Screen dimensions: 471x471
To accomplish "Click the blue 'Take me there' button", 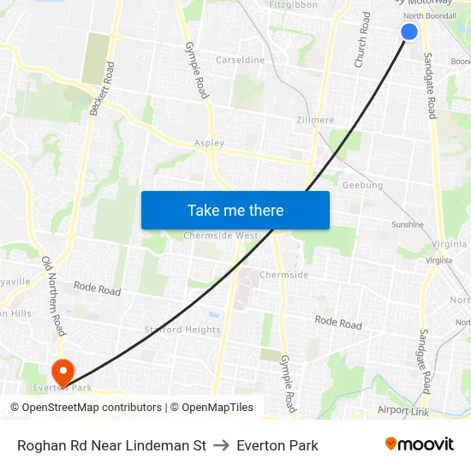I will click(235, 210).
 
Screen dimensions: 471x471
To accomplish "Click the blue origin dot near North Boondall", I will click(409, 32).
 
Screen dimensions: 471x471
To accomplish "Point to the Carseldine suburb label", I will click(240, 61).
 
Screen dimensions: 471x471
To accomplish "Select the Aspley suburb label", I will click(209, 143).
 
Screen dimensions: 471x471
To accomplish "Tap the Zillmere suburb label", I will click(314, 121).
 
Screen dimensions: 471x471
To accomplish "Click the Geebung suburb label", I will click(362, 185).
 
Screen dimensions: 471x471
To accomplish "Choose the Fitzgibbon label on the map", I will click(293, 5).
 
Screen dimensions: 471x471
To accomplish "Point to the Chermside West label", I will click(220, 235).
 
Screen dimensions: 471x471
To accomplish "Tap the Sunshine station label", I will click(407, 224).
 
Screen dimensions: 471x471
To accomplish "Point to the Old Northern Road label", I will click(54, 295).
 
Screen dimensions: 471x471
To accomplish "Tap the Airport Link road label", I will click(403, 411).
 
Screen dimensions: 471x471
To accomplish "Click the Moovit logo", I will click(419, 444).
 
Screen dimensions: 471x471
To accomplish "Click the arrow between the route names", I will click(221, 445).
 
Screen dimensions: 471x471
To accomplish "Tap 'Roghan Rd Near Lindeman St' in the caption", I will click(111, 445).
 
